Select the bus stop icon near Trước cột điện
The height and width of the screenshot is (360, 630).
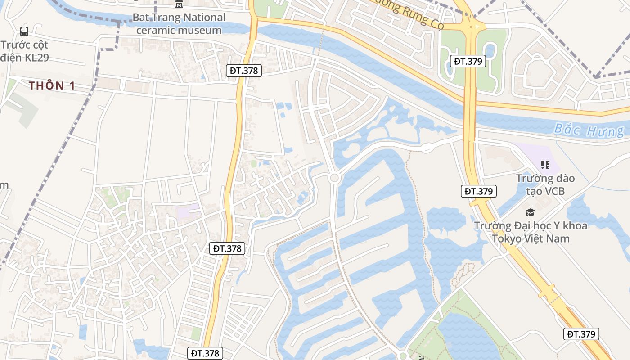coord(24,31)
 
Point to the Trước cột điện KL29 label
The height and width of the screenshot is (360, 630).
coord(25,51)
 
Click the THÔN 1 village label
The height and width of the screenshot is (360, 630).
coord(52,85)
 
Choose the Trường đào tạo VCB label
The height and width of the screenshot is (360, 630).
coord(545,184)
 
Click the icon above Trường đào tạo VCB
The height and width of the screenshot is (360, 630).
coord(545,165)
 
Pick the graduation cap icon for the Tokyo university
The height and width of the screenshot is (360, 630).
coord(531,212)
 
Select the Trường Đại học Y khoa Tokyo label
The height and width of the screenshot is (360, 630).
coord(531,232)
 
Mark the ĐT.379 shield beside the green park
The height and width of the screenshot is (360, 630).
coord(468,61)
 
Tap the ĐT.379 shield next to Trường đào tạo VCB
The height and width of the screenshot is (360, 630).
coord(479,191)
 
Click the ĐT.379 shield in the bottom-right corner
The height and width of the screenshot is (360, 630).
coord(581,334)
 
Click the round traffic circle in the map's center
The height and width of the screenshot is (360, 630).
coord(334,178)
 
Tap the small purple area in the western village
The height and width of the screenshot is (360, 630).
coord(189,212)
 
